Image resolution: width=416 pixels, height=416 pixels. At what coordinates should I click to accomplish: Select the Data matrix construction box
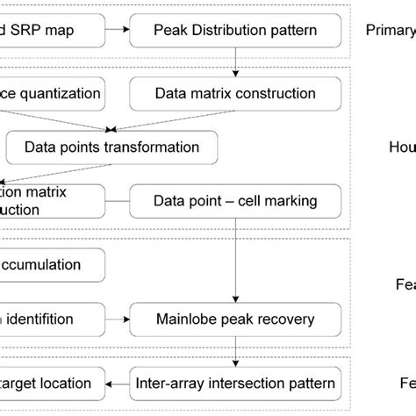[x=234, y=93]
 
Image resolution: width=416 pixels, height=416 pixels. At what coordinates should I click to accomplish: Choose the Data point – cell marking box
[x=234, y=201]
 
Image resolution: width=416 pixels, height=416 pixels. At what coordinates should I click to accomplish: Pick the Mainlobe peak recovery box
[x=234, y=319]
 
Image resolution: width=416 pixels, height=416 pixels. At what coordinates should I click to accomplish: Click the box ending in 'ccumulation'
[x=51, y=264]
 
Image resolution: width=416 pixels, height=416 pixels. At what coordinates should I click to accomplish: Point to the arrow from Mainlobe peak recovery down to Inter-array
[x=234, y=350]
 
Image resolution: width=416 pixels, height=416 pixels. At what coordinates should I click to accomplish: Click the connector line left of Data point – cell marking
[x=117, y=201]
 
